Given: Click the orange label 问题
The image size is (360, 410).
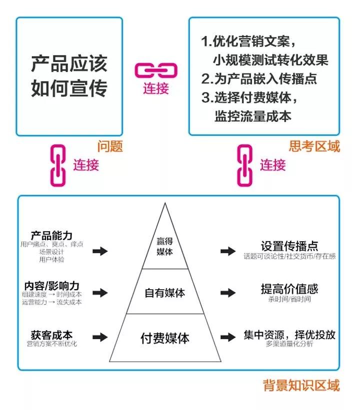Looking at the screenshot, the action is (x=109, y=146).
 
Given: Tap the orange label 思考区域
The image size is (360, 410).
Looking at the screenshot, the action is (x=314, y=146).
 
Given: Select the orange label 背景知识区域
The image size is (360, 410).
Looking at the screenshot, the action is (x=301, y=385).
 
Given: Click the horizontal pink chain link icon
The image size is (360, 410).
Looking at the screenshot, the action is (x=156, y=70).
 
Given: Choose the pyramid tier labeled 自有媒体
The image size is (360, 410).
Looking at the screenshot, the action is (x=165, y=292).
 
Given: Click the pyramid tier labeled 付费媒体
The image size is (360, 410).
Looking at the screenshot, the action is (x=165, y=338).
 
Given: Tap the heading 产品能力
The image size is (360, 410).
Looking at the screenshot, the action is (x=51, y=236).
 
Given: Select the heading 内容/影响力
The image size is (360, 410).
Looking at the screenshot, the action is (x=51, y=286).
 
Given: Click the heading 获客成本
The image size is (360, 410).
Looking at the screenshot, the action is (x=51, y=335).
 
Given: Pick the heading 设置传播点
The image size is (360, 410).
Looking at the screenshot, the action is (x=289, y=246).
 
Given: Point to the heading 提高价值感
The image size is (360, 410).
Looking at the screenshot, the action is (x=289, y=289).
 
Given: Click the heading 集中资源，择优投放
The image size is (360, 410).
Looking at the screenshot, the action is (x=289, y=335).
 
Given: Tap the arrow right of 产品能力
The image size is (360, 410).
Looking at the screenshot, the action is (x=100, y=251).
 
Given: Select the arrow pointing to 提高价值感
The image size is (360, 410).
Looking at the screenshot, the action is (x=228, y=293).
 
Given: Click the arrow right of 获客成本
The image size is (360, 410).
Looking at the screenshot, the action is (x=100, y=337).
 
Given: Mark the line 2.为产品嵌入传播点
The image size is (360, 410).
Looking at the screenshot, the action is (x=259, y=78).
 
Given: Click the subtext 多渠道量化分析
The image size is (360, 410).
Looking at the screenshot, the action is (x=289, y=344).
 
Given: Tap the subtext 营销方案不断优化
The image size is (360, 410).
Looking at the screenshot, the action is (x=51, y=344).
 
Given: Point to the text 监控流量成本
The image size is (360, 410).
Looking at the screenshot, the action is (x=253, y=116).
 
